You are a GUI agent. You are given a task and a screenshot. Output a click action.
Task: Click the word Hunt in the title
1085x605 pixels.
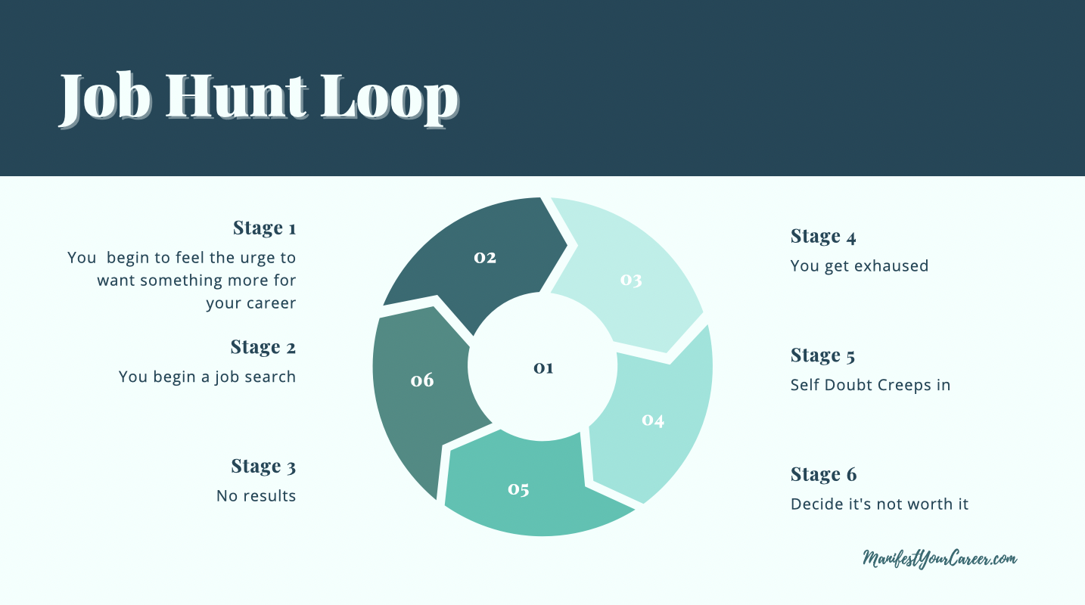click(x=237, y=96)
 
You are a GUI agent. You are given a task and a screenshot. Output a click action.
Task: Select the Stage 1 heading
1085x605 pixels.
click(x=265, y=228)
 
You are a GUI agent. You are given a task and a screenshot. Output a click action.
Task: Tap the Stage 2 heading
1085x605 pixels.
click(x=263, y=347)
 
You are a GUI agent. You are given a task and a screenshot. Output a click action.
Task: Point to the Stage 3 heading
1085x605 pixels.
click(x=263, y=466)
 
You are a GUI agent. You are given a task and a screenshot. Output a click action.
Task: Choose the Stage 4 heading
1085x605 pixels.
click(x=823, y=236)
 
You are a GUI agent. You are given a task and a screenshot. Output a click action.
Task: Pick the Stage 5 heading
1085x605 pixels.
click(x=823, y=355)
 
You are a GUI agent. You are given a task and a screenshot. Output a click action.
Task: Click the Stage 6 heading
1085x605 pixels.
click(x=823, y=474)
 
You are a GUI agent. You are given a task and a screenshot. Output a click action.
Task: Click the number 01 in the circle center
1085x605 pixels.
click(x=543, y=368)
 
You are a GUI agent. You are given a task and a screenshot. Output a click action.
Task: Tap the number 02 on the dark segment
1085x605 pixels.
click(x=485, y=257)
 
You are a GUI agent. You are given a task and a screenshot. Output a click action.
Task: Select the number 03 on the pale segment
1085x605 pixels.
click(x=631, y=280)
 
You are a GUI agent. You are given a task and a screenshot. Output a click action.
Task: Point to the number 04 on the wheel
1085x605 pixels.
click(x=653, y=420)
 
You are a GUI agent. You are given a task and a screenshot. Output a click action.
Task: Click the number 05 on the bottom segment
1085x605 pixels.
click(x=518, y=489)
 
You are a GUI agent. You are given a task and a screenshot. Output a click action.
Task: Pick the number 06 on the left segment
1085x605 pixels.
click(x=422, y=380)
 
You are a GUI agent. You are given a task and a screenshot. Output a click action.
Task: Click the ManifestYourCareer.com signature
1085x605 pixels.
click(x=940, y=559)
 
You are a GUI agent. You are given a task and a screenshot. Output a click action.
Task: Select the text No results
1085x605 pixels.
click(x=256, y=495)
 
